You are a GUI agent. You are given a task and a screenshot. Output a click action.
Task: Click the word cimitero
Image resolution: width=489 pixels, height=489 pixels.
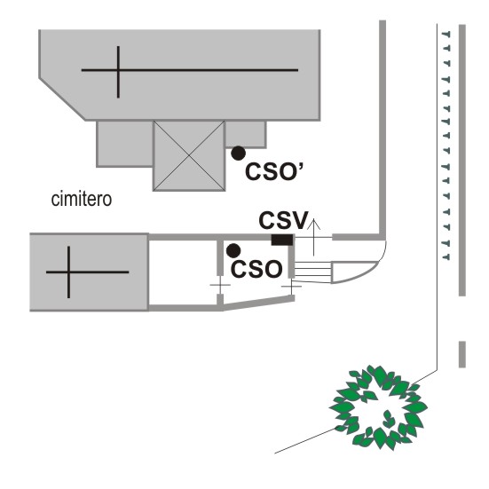point(82,200)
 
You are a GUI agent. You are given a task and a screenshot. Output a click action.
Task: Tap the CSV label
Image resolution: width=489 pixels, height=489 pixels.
point(283,220)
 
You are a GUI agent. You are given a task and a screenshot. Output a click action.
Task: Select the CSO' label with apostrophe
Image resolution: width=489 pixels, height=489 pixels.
point(274,171)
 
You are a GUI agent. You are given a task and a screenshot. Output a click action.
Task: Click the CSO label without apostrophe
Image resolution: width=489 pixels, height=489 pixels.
point(256,269)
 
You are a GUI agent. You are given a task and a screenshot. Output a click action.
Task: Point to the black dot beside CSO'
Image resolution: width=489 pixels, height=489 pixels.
point(238,154)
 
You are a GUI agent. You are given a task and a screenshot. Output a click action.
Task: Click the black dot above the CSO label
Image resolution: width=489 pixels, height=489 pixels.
point(233,251)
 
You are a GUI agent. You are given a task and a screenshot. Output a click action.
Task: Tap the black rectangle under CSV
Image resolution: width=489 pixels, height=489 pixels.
point(282,240)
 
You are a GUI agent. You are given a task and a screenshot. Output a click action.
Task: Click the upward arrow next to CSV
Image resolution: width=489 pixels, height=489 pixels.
point(314,237)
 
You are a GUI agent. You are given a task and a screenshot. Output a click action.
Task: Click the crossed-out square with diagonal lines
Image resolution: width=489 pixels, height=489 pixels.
point(189,155)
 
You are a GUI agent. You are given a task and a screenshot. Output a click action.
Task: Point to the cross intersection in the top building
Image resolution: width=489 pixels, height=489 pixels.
point(118,70)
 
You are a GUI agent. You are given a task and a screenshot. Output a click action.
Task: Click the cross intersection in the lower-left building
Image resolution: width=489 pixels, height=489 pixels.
point(68,272)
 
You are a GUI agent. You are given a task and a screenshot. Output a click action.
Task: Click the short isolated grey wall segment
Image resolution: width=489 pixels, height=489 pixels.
point(462,354)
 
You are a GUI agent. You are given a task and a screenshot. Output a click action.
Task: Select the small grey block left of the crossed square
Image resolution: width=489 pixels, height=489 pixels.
point(125,144)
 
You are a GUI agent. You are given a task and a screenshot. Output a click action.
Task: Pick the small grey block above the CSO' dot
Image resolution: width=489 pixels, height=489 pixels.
point(246,134)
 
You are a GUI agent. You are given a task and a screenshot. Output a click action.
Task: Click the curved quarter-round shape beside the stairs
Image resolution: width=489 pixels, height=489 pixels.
point(353,272)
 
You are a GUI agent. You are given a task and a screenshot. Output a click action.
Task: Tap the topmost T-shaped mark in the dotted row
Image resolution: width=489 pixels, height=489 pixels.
point(446,34)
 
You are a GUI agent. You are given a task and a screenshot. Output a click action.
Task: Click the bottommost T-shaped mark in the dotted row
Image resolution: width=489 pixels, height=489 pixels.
point(446,257)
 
